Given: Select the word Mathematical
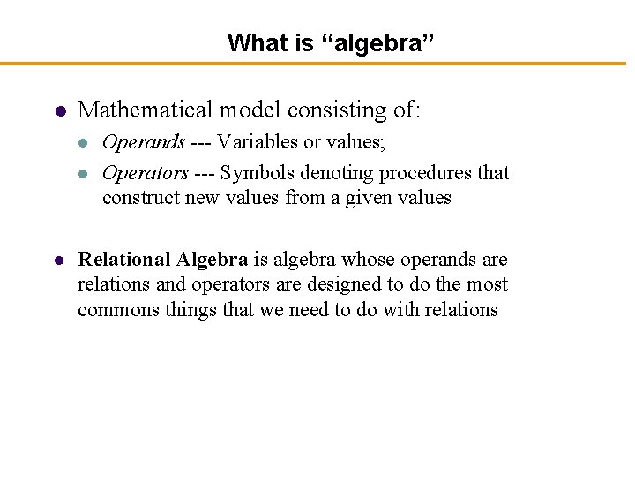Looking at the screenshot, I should pyautogui.click(x=146, y=110).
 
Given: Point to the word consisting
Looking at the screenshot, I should pyautogui.click(x=337, y=110).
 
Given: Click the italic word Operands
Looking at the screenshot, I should pyautogui.click(x=144, y=142).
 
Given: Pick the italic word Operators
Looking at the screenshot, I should pyautogui.click(x=146, y=173).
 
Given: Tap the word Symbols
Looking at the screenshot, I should pyautogui.click(x=254, y=173).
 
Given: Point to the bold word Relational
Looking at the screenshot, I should pyautogui.click(x=124, y=260).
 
